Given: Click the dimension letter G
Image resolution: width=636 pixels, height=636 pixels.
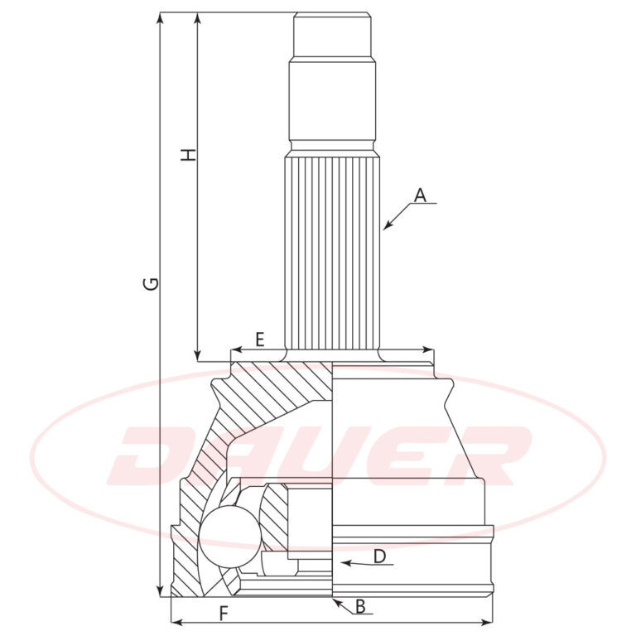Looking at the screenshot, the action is tap(152, 284).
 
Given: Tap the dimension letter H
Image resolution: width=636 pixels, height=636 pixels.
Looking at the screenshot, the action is tap(188, 155).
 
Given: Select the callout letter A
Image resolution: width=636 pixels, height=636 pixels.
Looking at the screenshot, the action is tap(421, 195).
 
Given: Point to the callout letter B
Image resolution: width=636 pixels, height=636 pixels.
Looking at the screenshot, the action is tap(360, 607).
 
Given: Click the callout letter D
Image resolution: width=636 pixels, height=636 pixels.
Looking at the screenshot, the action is tap(379, 556).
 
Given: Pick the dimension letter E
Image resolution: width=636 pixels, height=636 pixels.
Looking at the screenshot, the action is tap(260, 339).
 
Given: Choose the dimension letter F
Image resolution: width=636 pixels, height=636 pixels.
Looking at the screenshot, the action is tap(224, 614).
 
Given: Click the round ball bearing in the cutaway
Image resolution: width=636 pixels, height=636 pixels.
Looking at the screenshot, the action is tap(230, 537).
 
